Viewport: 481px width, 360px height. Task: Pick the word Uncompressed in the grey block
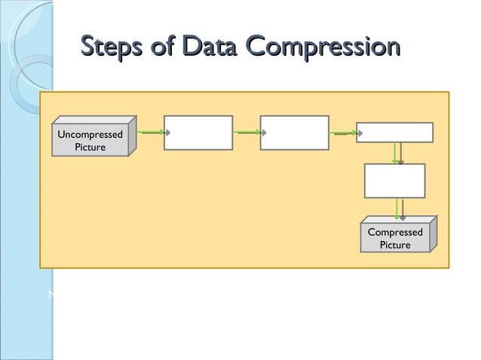click(x=90, y=134)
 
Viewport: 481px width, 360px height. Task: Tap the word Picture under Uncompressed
click(x=90, y=147)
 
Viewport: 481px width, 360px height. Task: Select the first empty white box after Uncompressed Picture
click(x=198, y=133)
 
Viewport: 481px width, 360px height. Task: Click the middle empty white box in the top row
click(x=294, y=133)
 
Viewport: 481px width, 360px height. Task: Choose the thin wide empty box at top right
click(x=394, y=133)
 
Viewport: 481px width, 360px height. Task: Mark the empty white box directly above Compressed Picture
click(x=394, y=181)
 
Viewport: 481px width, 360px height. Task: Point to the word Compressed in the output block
click(x=395, y=232)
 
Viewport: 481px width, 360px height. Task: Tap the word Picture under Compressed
click(x=395, y=245)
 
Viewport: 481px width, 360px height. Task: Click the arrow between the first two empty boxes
click(x=247, y=132)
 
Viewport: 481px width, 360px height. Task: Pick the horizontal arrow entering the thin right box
click(x=343, y=132)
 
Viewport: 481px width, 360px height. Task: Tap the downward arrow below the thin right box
click(x=397, y=153)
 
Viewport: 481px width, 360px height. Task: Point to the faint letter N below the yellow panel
click(x=51, y=294)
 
